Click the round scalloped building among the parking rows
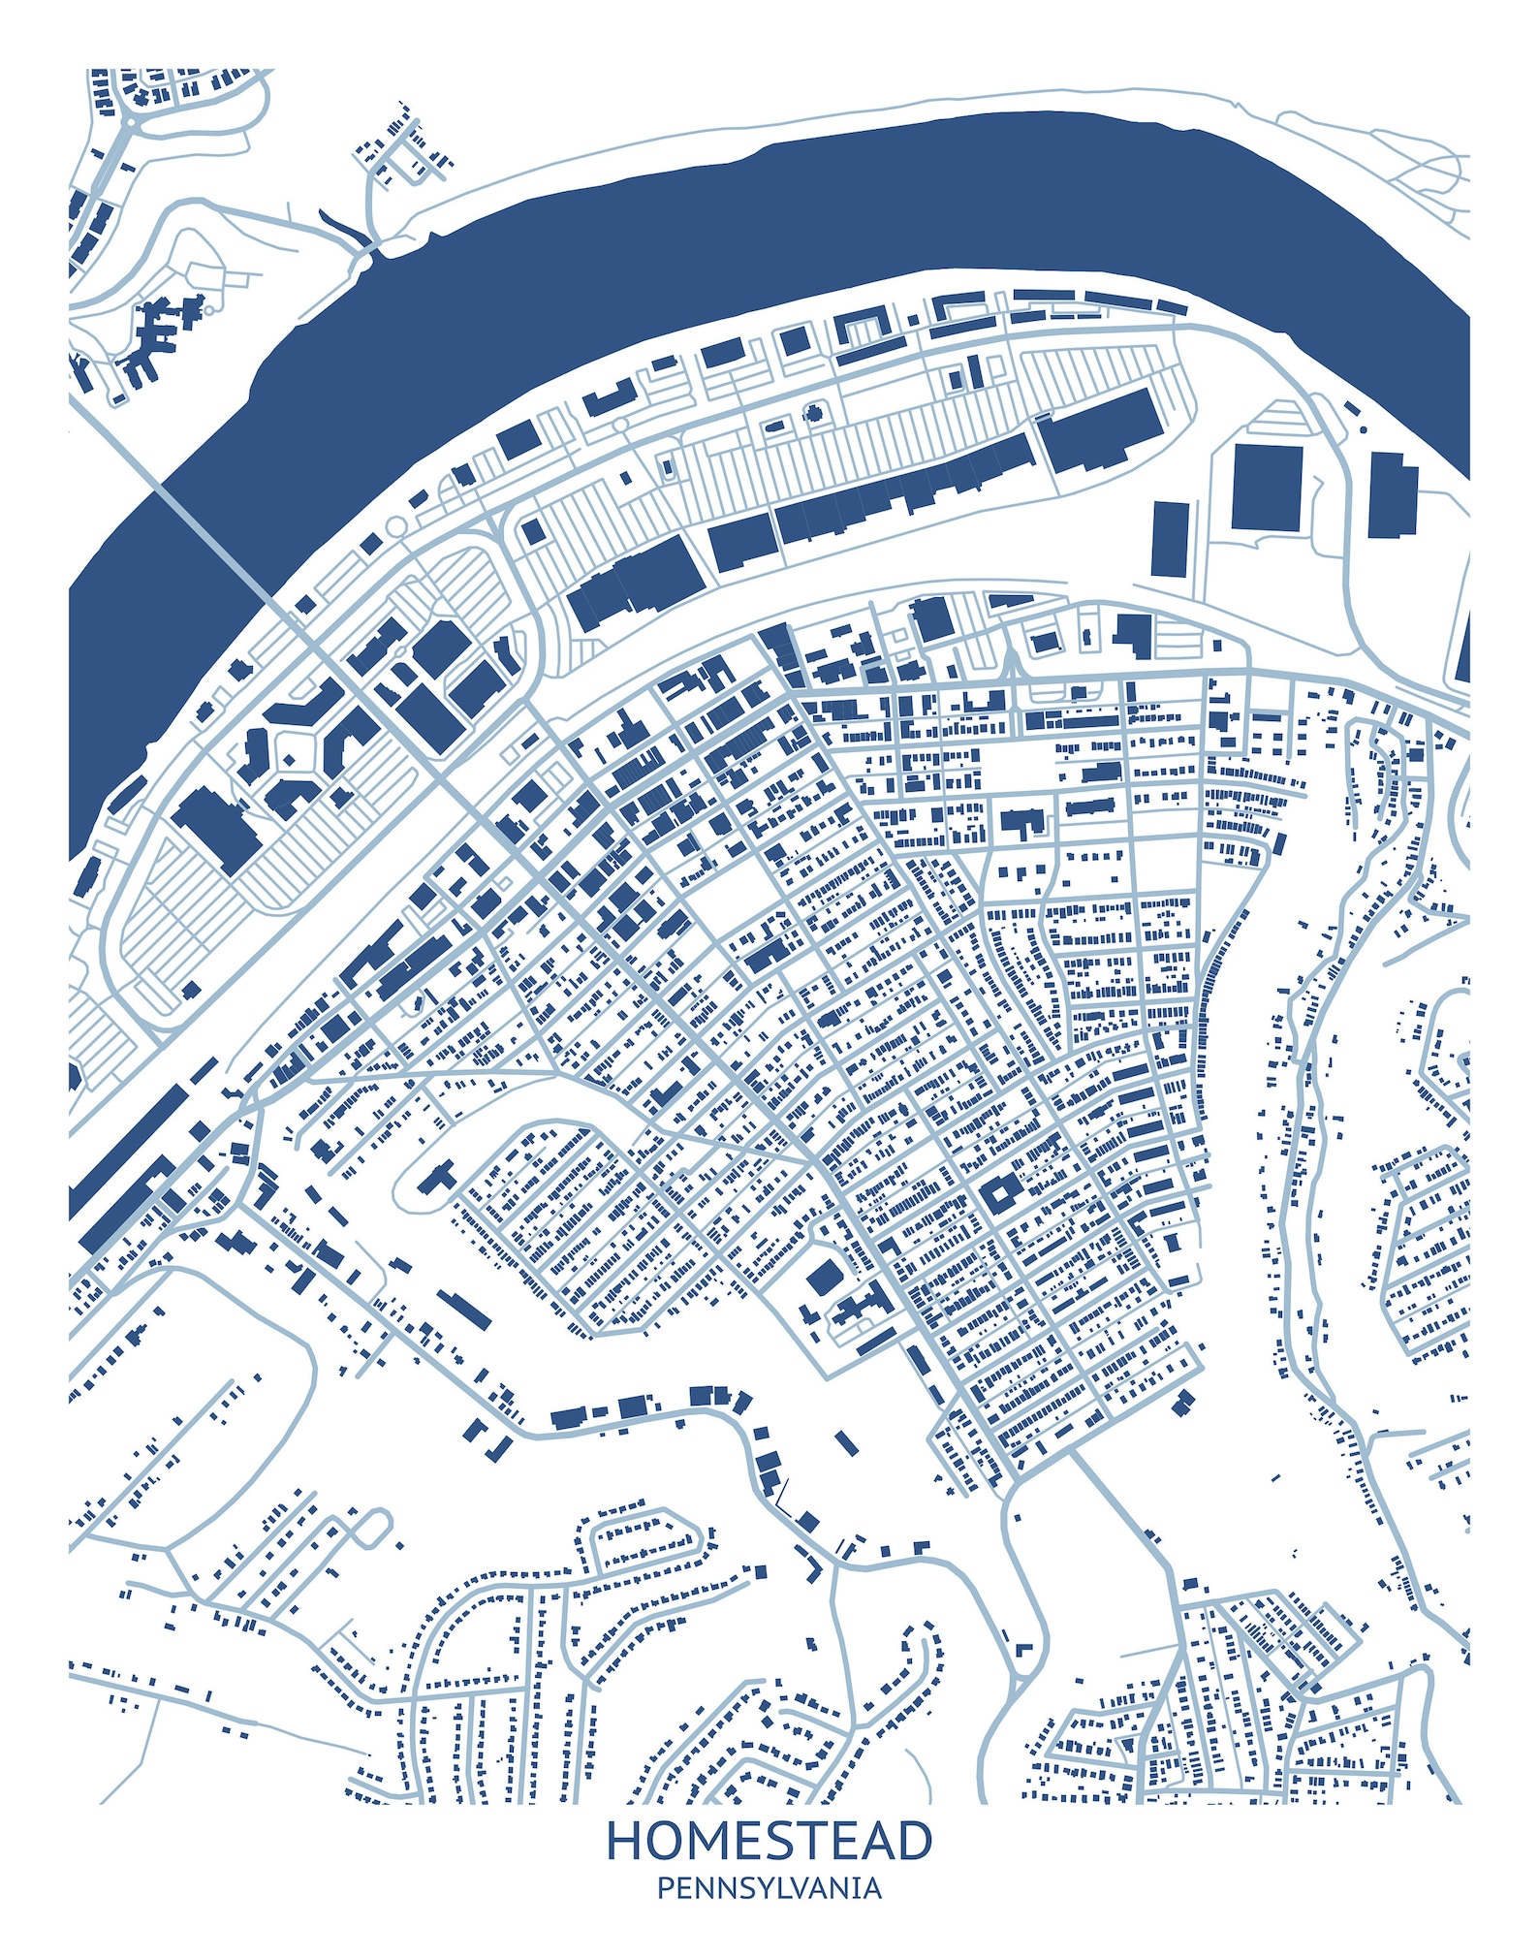click(814, 414)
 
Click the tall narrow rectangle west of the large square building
click(1170, 539)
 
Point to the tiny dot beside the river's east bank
click(1363, 428)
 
